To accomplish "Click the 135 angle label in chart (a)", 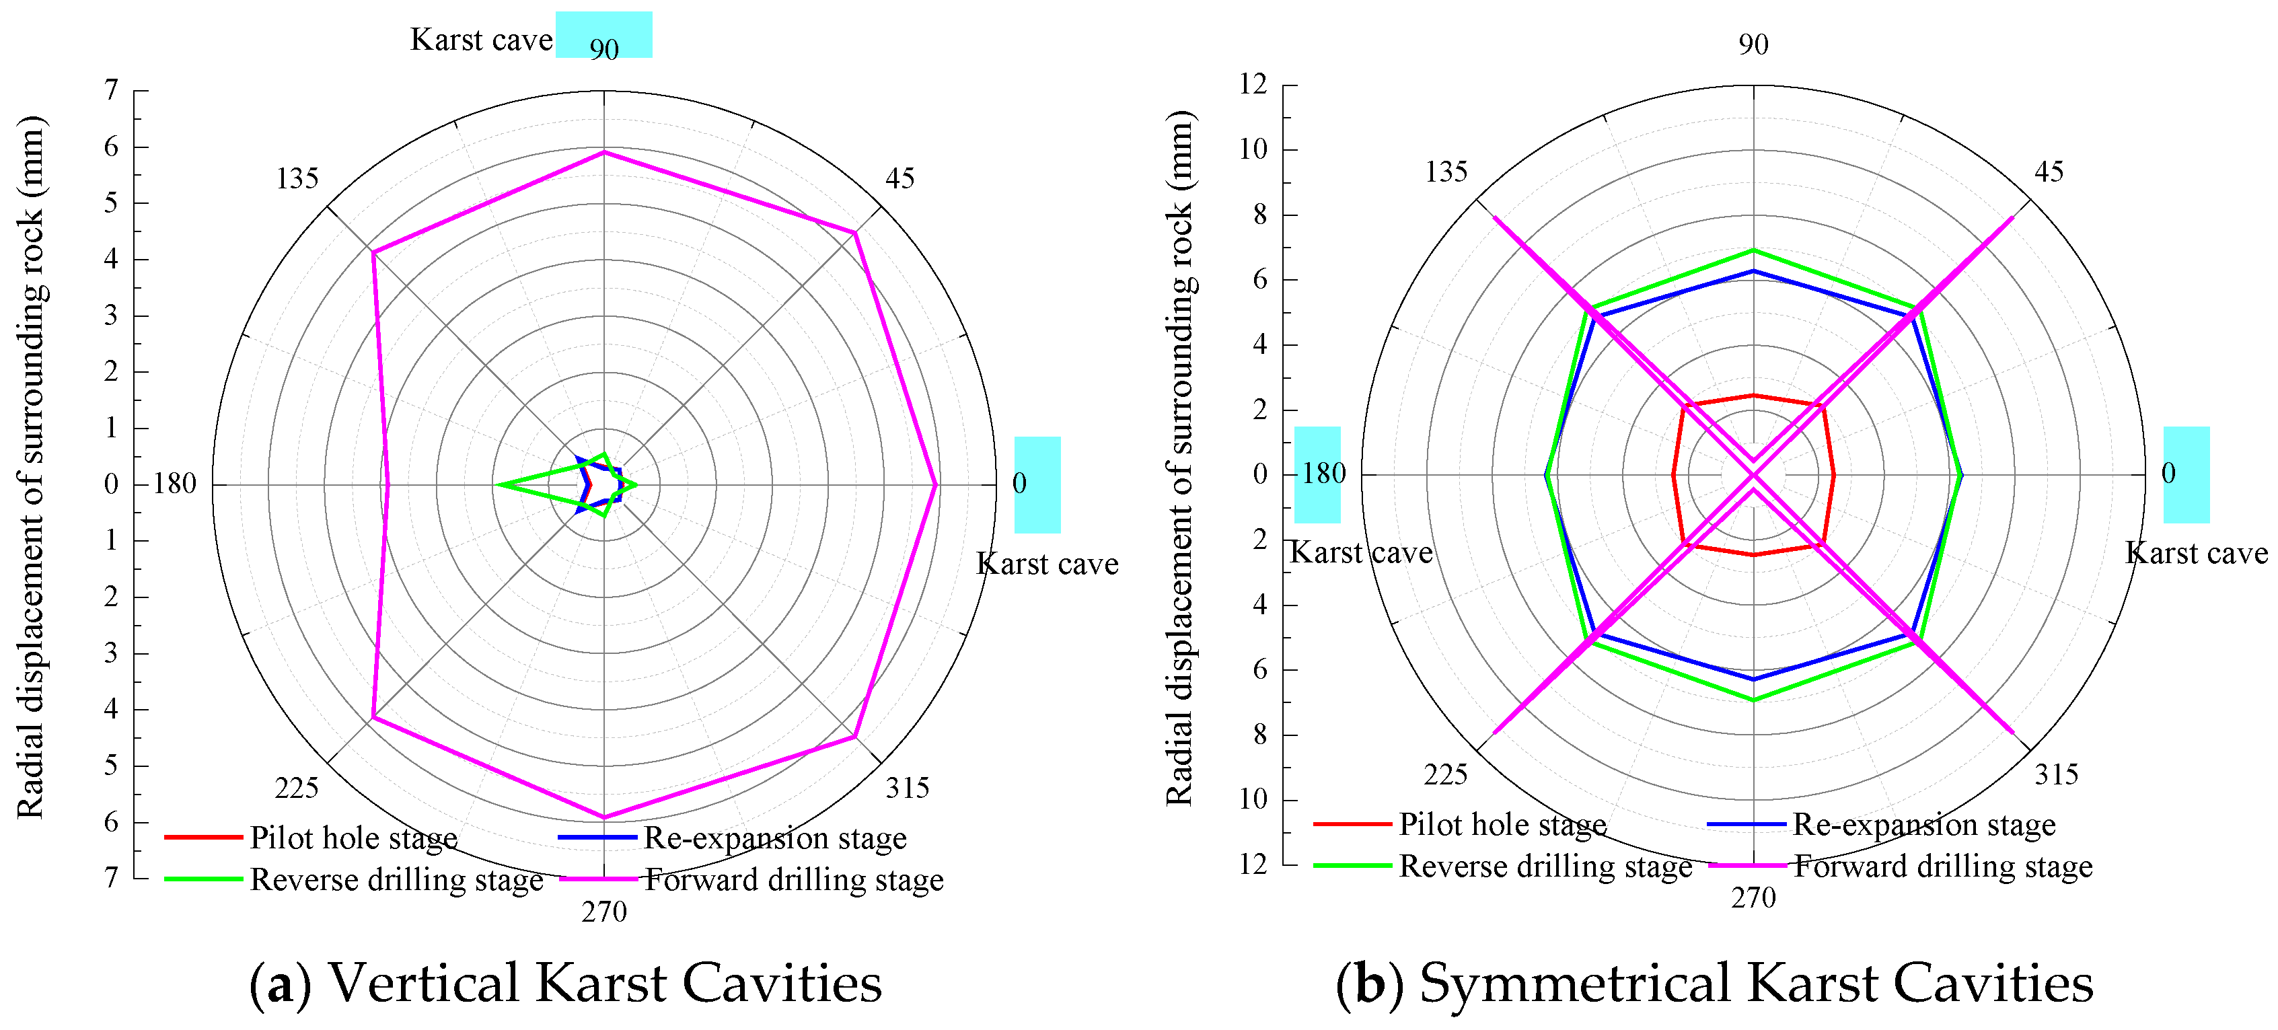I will (297, 178).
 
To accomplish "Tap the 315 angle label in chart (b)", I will (2056, 774).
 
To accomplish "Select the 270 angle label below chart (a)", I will (604, 912).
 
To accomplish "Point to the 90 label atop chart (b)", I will (1753, 44).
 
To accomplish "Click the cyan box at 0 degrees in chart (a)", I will (1037, 484).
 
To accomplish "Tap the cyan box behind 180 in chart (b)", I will (1317, 475).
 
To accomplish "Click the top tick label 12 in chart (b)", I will (1253, 85).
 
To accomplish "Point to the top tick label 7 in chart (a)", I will (112, 90).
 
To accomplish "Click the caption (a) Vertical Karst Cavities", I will (566, 983).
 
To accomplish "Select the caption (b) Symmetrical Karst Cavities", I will (1714, 983).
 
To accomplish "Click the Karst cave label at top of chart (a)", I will (481, 40).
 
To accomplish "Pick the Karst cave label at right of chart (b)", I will (2196, 554).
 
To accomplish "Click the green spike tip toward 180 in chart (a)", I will (497, 484).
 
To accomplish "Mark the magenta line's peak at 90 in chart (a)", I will (604, 152).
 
